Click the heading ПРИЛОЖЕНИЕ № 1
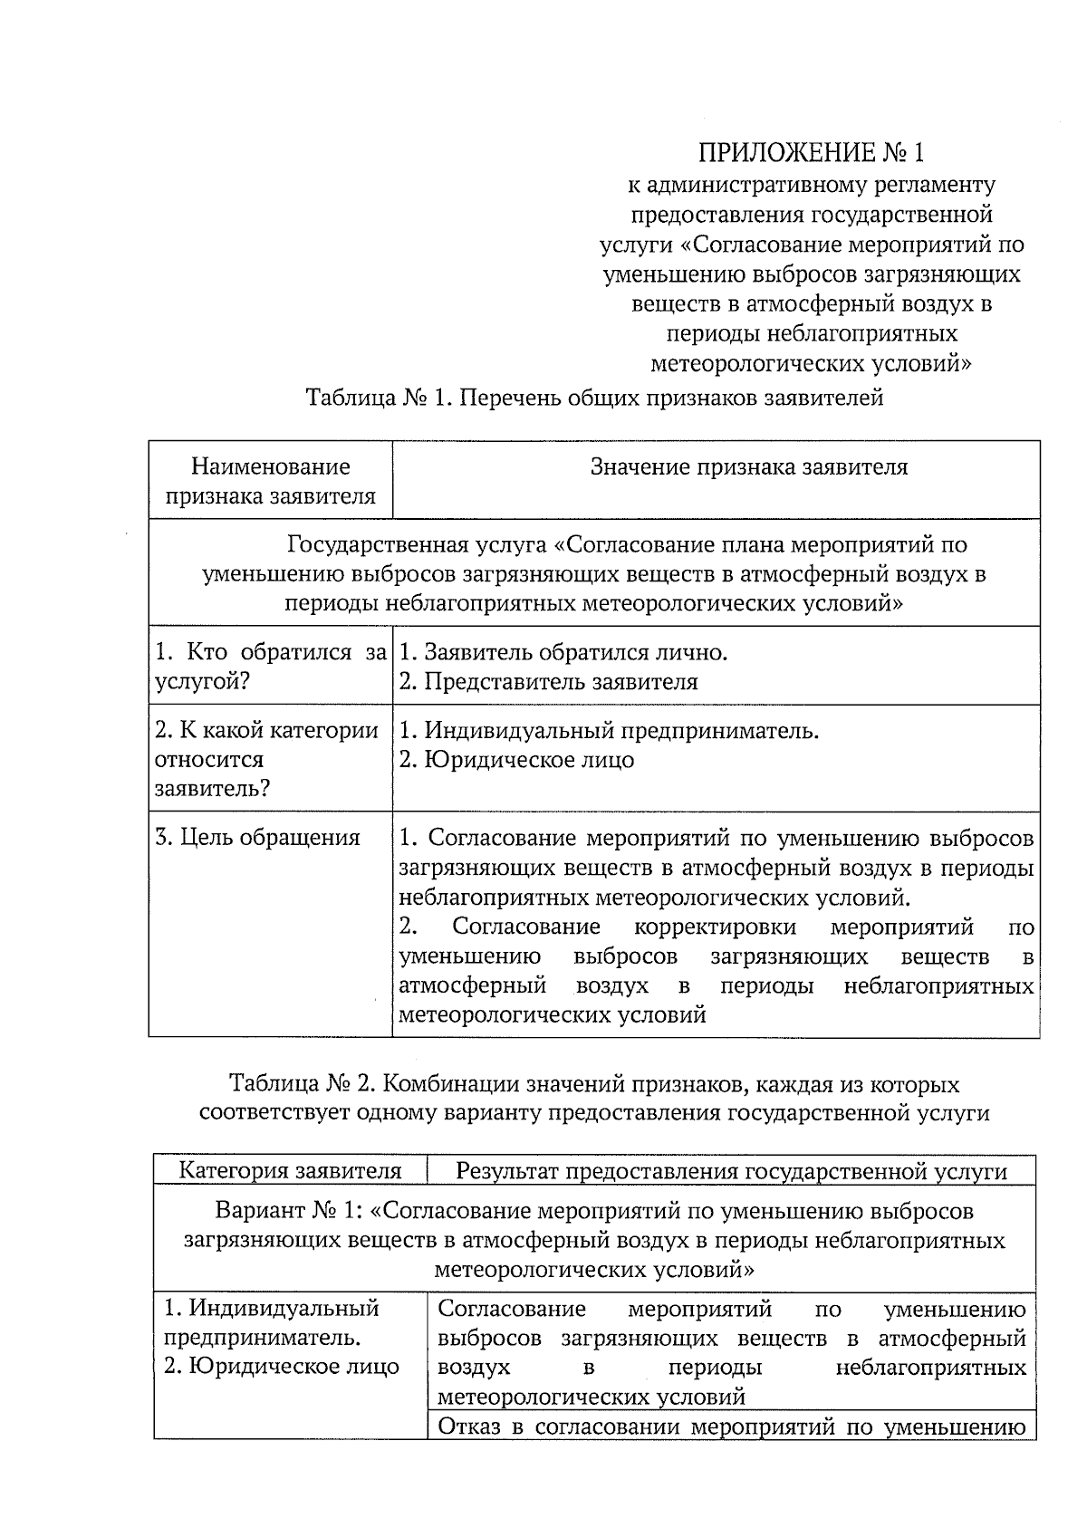812,151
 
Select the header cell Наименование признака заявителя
270,481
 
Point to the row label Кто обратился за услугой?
270,667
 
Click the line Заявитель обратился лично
563,652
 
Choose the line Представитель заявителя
549,682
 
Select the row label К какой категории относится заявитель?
268,759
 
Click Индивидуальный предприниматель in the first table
609,730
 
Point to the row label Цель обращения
257,838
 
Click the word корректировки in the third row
715,927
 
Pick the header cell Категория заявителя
290,1171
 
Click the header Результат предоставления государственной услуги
731,1171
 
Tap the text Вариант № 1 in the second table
287,1211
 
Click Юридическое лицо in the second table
281,1367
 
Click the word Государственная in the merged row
416,545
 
